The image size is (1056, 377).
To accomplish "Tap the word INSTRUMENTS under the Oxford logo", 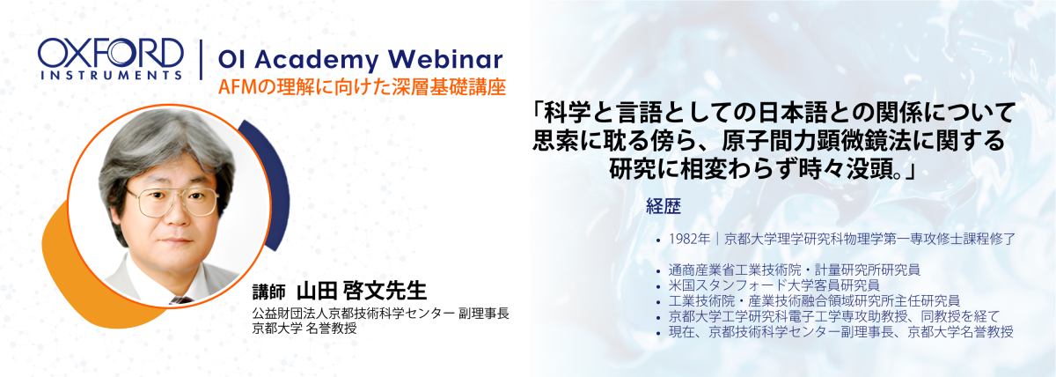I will coord(111,75).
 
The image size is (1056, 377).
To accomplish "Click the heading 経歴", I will coord(663,206).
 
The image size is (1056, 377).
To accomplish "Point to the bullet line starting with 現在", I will coord(840,332).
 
